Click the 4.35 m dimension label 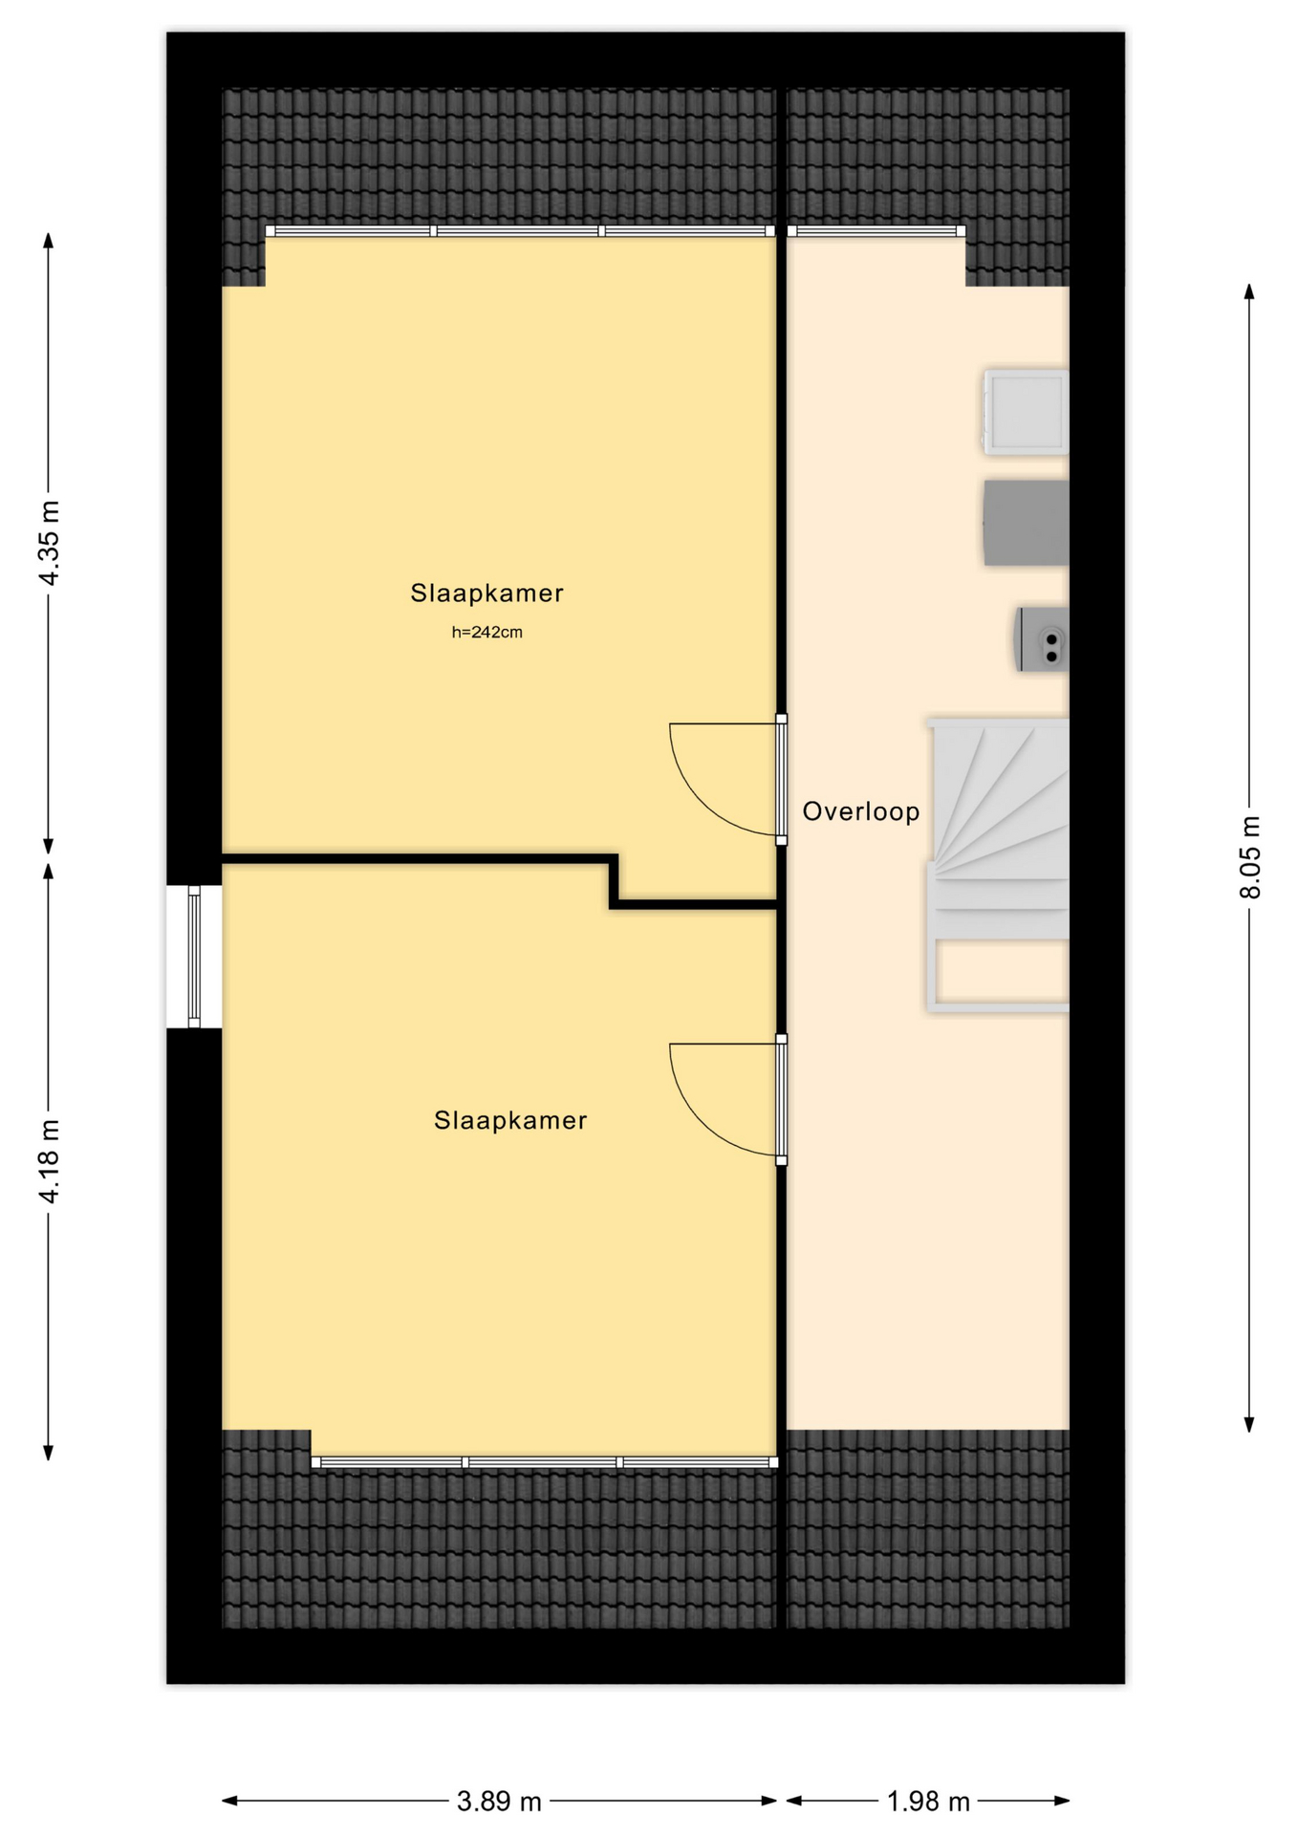tap(49, 543)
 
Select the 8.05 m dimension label tap(1250, 857)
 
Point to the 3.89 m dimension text tap(499, 1802)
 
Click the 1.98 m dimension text tap(928, 1802)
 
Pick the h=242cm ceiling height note tap(487, 632)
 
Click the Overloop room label tap(861, 811)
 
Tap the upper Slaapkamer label tap(487, 593)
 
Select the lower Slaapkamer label tap(510, 1120)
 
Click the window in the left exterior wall tap(194, 957)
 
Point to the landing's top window tap(876, 231)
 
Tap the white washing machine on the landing tap(1026, 412)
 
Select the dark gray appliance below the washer tap(1026, 523)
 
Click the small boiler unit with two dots tap(1042, 639)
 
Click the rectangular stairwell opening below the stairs tap(1002, 970)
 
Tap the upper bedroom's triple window tap(520, 231)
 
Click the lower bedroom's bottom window tap(545, 1462)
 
